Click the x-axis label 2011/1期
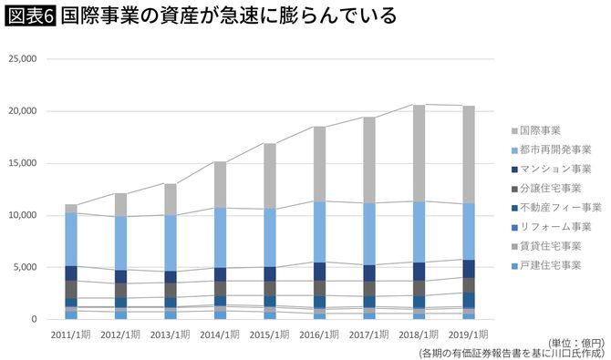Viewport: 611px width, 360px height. tap(71, 334)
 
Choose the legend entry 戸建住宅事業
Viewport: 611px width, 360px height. tap(553, 264)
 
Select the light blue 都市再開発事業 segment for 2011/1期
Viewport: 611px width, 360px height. tap(71, 239)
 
